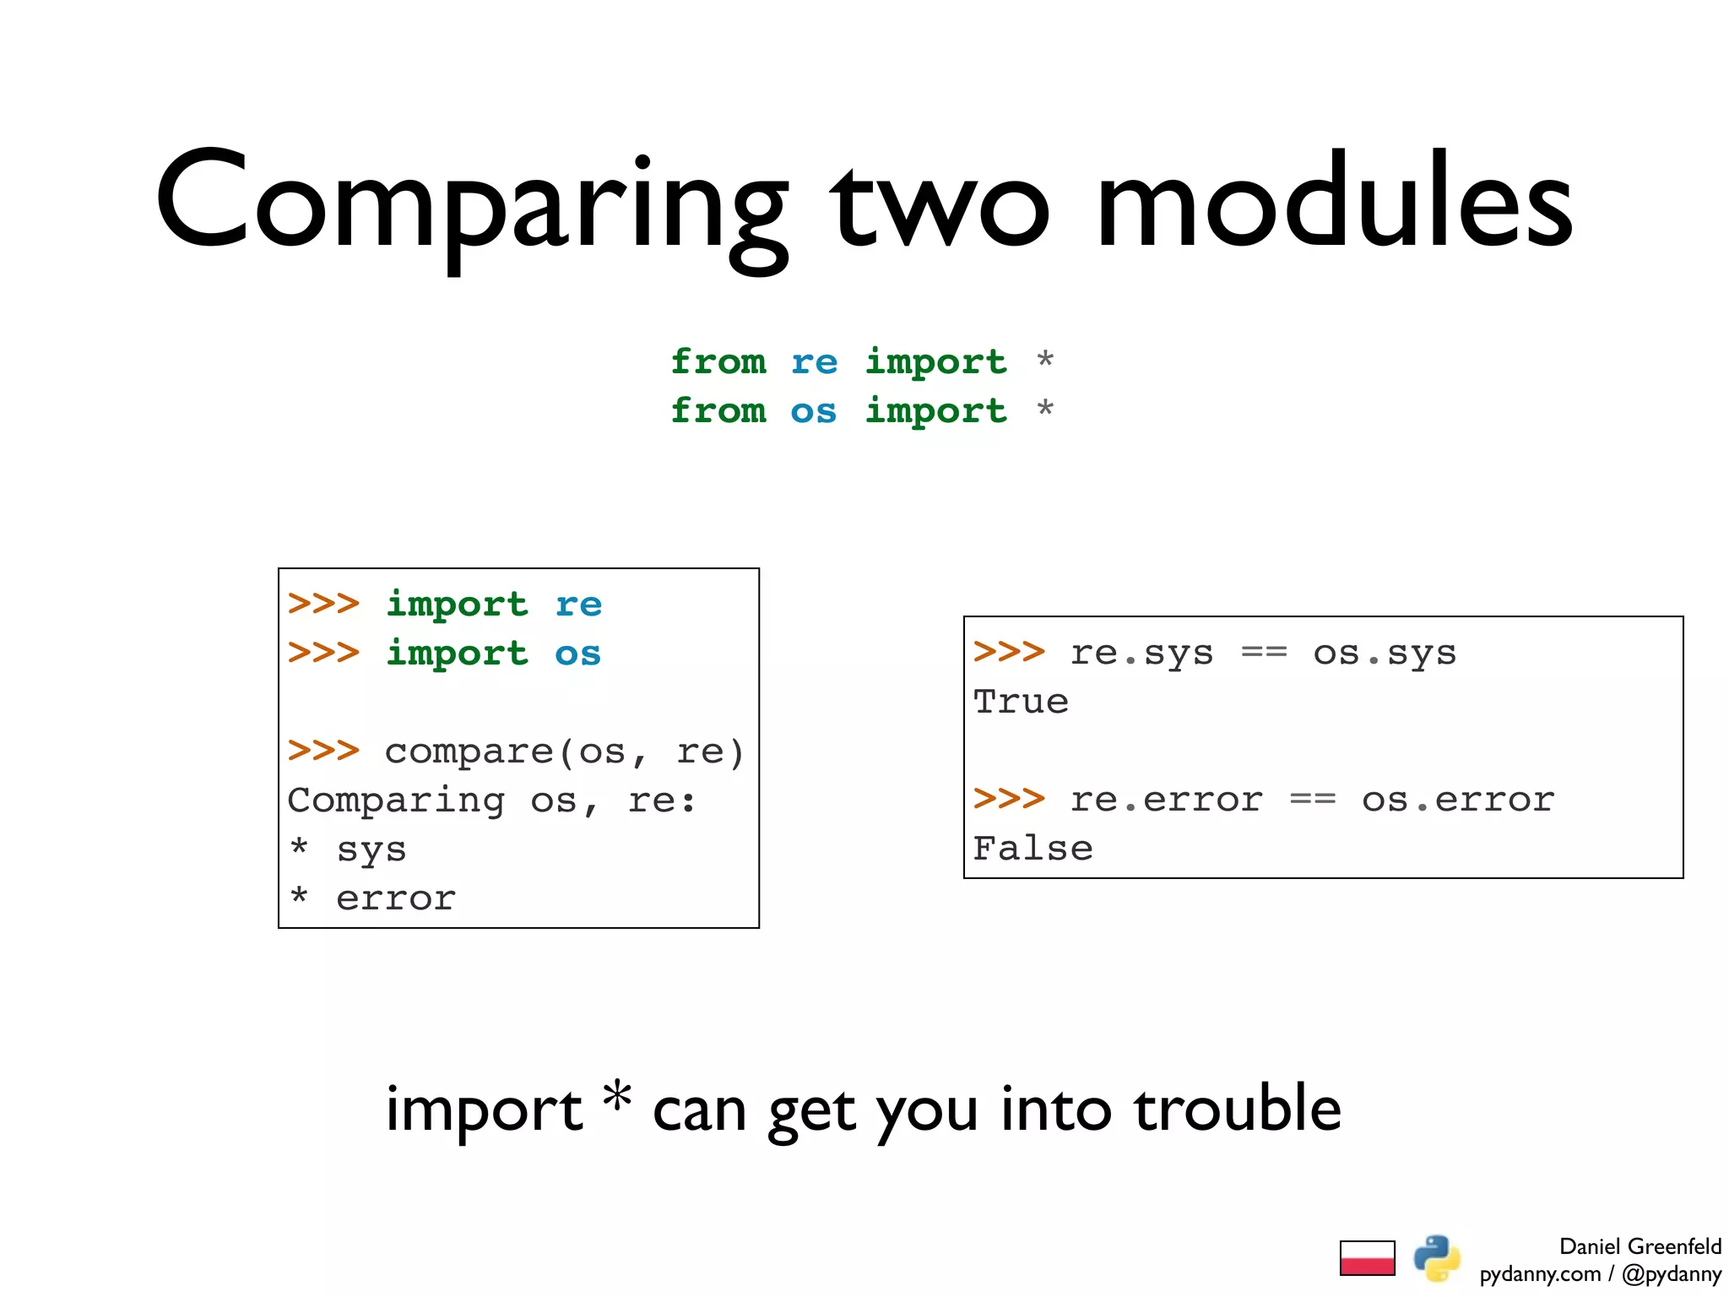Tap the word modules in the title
pyautogui.click(x=1334, y=203)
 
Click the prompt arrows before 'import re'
pyautogui.click(x=323, y=605)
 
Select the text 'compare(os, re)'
pyautogui.click(x=565, y=752)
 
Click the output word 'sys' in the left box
pyautogui.click(x=371, y=849)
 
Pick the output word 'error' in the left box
pyautogui.click(x=396, y=898)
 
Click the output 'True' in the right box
pyautogui.click(x=1021, y=702)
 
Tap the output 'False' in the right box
pyautogui.click(x=1033, y=849)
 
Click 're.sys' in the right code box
pyautogui.click(x=1141, y=654)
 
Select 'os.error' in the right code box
pyautogui.click(x=1458, y=800)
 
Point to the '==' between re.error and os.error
pyautogui.click(x=1312, y=800)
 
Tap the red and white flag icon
pyautogui.click(x=1367, y=1258)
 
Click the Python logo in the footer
pyautogui.click(x=1437, y=1258)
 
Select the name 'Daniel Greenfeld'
pyautogui.click(x=1640, y=1246)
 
